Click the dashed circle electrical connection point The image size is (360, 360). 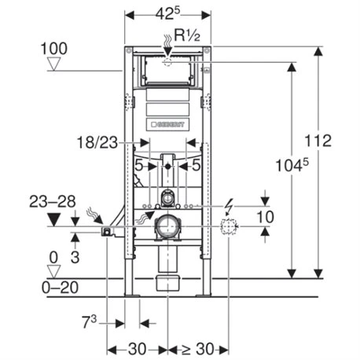229,228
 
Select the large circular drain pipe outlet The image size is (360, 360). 167,228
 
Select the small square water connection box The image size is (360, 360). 106,230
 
